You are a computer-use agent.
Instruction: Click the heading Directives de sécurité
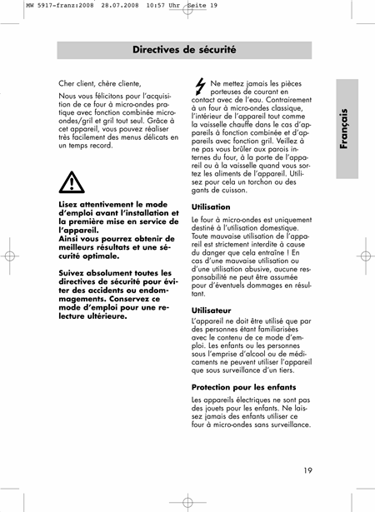184,50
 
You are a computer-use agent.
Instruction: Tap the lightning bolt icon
199,86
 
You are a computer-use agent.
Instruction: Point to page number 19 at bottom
308,471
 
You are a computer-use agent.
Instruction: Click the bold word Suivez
74,272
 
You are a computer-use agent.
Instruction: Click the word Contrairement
283,99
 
